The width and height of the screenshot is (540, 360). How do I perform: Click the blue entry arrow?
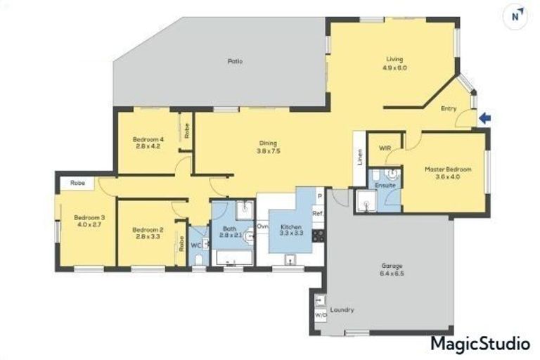coord(484,119)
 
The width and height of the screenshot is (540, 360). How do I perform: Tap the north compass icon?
coord(517,15)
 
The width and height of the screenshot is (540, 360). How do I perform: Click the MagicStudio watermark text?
coord(480,344)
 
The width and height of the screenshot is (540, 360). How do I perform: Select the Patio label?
coord(235,61)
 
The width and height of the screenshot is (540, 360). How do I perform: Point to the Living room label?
coord(395,63)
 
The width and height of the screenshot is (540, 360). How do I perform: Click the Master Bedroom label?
coord(447,173)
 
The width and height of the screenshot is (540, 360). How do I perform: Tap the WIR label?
coord(385,148)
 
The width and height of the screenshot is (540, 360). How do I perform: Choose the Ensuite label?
coord(385,185)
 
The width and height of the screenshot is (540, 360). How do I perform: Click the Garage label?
coord(392,271)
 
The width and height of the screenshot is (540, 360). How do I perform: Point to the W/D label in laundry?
coord(321,316)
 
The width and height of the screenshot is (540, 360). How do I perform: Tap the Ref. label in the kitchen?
coord(318,213)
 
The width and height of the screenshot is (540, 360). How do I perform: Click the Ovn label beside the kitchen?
coord(262,226)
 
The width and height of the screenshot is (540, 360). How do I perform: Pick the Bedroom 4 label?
coord(148,143)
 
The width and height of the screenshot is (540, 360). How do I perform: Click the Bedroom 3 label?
coord(89,221)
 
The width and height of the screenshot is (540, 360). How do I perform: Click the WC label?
coord(196,245)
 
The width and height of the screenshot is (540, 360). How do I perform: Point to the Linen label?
coord(359,158)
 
